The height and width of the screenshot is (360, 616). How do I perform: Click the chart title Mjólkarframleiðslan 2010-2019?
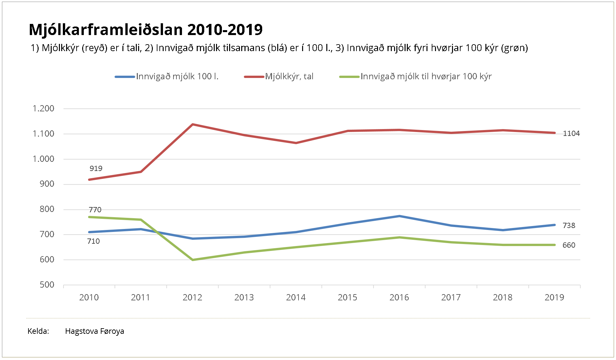click(146, 29)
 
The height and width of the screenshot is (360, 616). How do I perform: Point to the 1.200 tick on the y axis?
click(44, 108)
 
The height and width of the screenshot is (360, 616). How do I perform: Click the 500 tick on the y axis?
click(47, 285)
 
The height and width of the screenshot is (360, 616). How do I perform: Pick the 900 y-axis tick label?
click(47, 184)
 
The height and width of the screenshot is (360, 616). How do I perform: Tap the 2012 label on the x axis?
click(192, 297)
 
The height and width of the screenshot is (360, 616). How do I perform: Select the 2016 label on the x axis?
click(399, 297)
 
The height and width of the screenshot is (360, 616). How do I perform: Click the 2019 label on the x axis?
click(554, 297)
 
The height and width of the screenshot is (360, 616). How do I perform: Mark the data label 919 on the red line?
click(96, 169)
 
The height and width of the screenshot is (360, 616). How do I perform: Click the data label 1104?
click(571, 134)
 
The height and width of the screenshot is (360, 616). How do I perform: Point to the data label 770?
click(95, 210)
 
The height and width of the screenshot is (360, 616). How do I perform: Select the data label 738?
click(569, 226)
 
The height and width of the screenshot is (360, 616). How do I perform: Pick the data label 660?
click(569, 245)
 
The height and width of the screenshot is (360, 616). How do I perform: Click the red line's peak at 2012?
click(192, 124)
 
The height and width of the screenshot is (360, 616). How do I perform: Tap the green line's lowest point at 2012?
click(192, 260)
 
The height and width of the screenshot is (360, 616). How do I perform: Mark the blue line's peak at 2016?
click(399, 216)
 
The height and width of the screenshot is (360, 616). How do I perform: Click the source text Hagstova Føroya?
click(95, 331)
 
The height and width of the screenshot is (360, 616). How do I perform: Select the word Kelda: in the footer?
click(38, 331)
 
